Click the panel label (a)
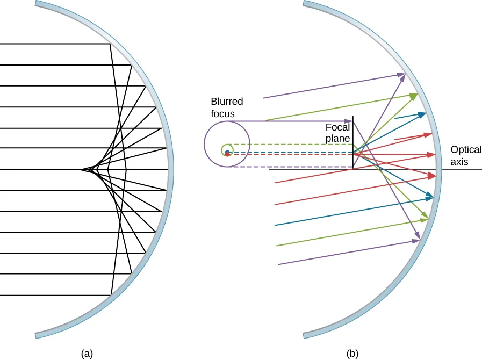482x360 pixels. click(87, 354)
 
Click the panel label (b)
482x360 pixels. click(352, 354)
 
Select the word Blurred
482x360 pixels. click(227, 102)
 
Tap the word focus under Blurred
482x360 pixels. click(222, 114)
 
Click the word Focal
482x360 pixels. click(337, 128)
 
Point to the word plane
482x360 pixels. click(338, 138)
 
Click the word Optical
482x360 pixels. click(466, 150)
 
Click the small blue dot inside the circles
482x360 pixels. click(227, 152)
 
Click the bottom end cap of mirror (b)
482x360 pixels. click(305, 335)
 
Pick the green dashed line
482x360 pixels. click(290, 145)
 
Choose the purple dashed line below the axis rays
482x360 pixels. click(290, 167)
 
